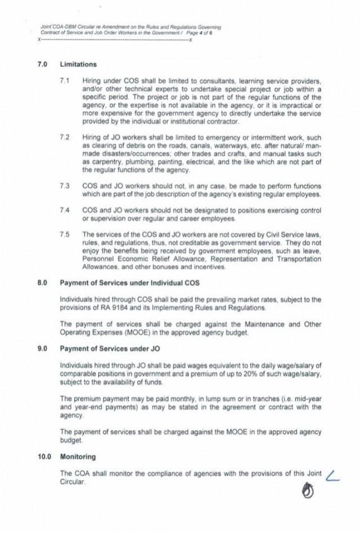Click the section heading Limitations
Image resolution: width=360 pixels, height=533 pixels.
tap(78, 65)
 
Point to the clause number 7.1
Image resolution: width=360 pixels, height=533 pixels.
tap(64, 81)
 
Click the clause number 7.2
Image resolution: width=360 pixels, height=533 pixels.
tap(64, 137)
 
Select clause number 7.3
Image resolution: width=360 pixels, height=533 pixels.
tap(64, 186)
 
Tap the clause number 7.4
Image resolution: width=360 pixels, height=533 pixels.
tap(64, 210)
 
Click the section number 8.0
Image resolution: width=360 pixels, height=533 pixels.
tap(42, 282)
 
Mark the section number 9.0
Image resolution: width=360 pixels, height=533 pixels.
tap(42, 349)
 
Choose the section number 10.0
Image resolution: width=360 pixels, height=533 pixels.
tap(44, 457)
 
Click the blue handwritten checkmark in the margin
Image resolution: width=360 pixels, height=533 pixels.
tap(334, 477)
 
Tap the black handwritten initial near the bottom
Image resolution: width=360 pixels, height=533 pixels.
tap(308, 493)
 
